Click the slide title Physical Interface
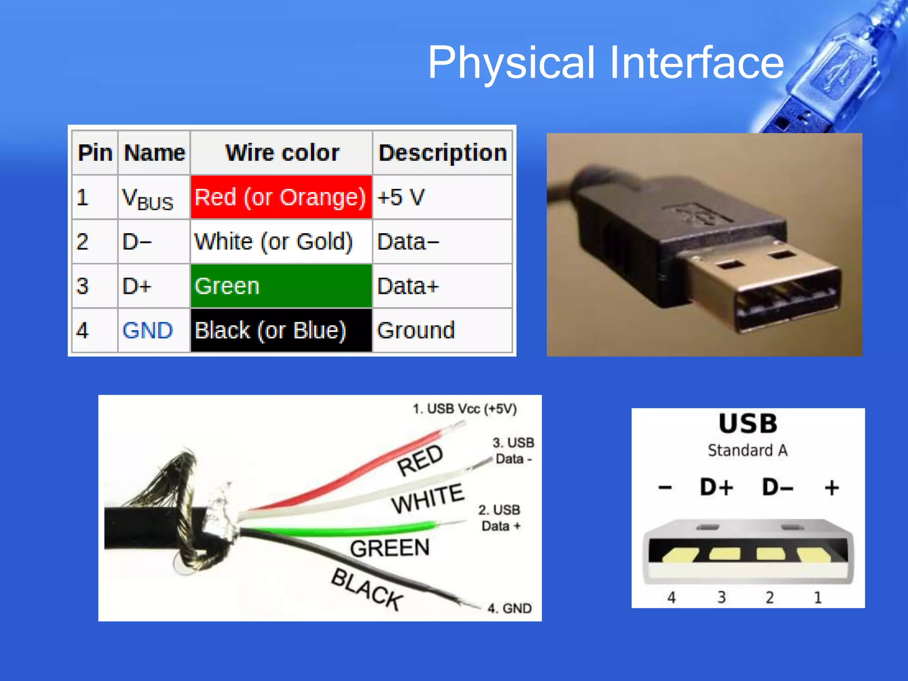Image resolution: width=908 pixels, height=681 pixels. coord(606,63)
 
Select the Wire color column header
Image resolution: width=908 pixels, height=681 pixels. coord(282,153)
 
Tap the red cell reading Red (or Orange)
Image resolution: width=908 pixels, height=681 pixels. coord(281,197)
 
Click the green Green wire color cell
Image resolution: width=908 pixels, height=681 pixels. coord(281,286)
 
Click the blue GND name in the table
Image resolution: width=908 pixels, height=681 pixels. coord(148,331)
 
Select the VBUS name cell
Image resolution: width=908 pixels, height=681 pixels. coord(148,198)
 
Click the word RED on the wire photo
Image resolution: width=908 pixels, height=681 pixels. coord(420,460)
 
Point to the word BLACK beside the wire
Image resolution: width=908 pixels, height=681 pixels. coord(368,590)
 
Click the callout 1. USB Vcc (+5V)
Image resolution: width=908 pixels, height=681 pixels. coord(465,408)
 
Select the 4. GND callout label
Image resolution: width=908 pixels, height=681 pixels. coord(509,608)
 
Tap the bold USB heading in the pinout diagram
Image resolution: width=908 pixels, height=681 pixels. coord(748,423)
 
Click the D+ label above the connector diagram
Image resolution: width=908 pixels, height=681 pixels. coord(716,487)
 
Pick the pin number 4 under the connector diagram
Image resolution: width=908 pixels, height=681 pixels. coord(672,597)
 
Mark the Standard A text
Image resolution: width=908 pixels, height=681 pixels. coord(748,450)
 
